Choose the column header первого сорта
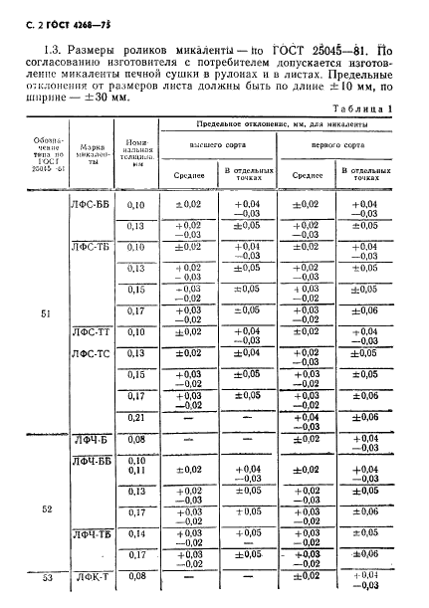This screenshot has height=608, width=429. pyautogui.click(x=337, y=143)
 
